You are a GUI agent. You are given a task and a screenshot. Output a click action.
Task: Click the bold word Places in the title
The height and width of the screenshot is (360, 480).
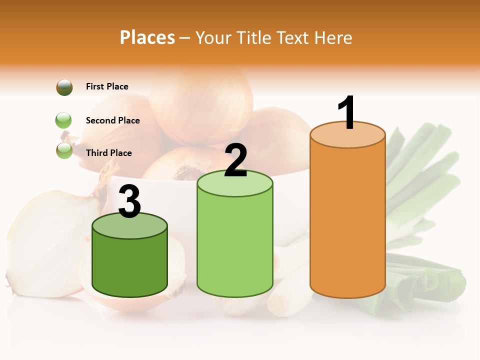[147, 37]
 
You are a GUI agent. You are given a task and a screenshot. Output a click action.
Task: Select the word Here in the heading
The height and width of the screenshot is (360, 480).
[334, 37]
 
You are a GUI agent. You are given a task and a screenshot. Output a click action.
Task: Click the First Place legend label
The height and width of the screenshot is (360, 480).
[107, 86]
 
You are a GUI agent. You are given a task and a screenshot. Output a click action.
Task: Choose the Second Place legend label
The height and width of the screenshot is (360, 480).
[112, 120]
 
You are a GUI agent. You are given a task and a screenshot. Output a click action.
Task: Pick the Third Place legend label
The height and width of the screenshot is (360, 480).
[108, 153]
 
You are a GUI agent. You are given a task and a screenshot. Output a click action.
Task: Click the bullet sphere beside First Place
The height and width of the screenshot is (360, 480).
[64, 87]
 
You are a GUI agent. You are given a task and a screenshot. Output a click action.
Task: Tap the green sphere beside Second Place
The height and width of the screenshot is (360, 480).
[63, 120]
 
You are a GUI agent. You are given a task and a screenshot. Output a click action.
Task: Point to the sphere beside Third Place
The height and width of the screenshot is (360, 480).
[64, 150]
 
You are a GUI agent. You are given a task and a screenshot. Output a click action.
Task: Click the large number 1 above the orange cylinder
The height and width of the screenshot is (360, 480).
[347, 112]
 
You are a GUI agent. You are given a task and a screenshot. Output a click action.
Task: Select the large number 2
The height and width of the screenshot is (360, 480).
[235, 160]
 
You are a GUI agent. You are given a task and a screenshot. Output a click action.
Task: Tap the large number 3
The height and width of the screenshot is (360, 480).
[129, 202]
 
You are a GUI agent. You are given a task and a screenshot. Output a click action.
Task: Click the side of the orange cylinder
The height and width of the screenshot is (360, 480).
[347, 220]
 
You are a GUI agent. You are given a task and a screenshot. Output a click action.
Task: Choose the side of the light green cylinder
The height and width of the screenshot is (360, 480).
[235, 245]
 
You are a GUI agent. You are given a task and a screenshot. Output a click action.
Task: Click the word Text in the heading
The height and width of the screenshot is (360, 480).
[295, 37]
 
